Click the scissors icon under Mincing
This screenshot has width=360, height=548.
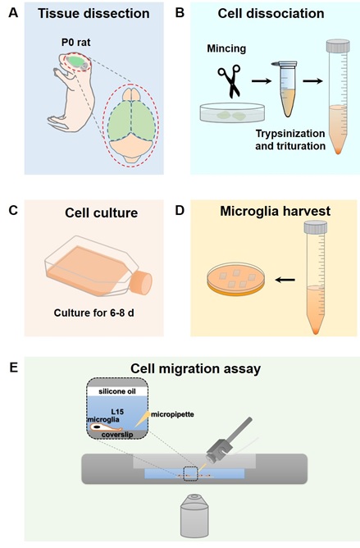(x=230, y=81)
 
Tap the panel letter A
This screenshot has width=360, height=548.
(x=13, y=13)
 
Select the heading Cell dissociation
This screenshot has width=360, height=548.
(x=271, y=14)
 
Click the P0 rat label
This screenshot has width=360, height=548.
(x=75, y=43)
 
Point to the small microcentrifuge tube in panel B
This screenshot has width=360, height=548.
(x=287, y=89)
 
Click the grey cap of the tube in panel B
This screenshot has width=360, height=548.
(x=338, y=46)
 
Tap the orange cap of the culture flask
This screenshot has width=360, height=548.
(x=141, y=282)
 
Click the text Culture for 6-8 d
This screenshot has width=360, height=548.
(x=94, y=313)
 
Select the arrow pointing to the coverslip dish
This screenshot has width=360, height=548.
(x=285, y=280)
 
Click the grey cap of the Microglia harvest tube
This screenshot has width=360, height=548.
(x=315, y=227)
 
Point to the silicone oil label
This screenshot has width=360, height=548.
(x=117, y=391)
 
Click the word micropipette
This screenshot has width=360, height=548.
(x=172, y=414)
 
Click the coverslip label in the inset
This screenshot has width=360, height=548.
(x=117, y=435)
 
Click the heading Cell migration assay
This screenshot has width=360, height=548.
(x=196, y=369)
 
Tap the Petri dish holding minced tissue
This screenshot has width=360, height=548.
(x=232, y=112)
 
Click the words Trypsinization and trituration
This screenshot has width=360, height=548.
(x=290, y=139)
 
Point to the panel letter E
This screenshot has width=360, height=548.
(x=13, y=368)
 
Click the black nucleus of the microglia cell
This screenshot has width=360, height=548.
(x=95, y=427)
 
